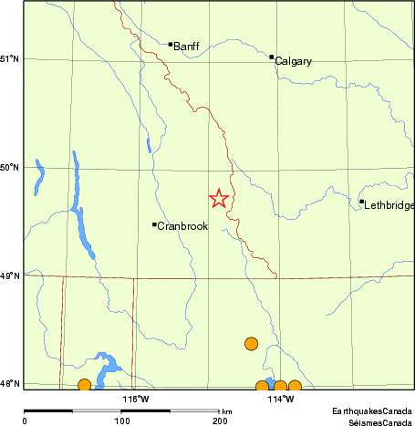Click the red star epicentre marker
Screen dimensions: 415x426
tap(219, 198)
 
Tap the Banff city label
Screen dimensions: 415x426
tap(186, 47)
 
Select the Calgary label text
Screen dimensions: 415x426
tap(293, 61)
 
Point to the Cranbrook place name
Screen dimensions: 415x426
tap(182, 226)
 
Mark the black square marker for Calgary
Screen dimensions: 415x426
tap(271, 57)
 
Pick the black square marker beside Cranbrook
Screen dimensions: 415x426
tap(153, 223)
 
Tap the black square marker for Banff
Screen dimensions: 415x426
tap(170, 43)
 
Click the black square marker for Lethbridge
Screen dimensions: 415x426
tap(361, 202)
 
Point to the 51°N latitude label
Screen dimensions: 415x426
tap(10, 59)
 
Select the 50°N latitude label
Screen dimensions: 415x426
tap(10, 168)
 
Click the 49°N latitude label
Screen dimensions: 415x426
tap(10, 275)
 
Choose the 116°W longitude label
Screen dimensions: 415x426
tap(136, 399)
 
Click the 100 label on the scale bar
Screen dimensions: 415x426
tap(121, 421)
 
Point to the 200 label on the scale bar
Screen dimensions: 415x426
tap(219, 421)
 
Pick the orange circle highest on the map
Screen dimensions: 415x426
tap(252, 343)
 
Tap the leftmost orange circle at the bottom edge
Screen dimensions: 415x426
tap(84, 385)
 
